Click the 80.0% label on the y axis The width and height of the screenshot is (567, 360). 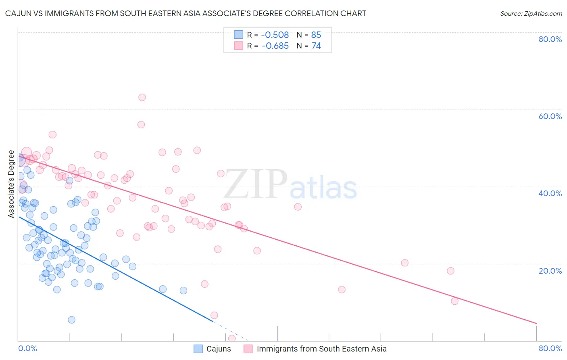coord(550,39)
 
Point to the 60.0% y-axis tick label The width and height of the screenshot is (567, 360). coord(550,116)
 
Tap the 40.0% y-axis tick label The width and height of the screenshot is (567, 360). coord(550,193)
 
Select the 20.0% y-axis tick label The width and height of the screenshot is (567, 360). coord(550,271)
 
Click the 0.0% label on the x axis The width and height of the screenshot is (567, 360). coord(27,348)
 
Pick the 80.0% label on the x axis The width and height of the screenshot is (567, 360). coord(550,348)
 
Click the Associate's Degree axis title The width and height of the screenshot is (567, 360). coord(11,184)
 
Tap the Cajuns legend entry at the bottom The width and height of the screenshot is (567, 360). coord(219,349)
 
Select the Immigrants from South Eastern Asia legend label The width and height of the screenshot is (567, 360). coord(321,349)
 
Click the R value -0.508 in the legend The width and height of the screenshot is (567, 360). coord(275,35)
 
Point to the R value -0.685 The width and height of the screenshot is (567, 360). coord(275,46)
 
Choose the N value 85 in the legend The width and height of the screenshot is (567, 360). coord(316,35)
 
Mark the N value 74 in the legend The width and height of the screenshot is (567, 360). coord(316,46)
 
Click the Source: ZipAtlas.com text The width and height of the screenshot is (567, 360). coord(531,14)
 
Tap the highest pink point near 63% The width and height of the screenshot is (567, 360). coord(142,97)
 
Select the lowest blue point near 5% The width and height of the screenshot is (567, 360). coord(71,320)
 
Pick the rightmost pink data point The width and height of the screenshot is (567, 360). coord(454,301)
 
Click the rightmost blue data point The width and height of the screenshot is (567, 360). coord(183,291)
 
